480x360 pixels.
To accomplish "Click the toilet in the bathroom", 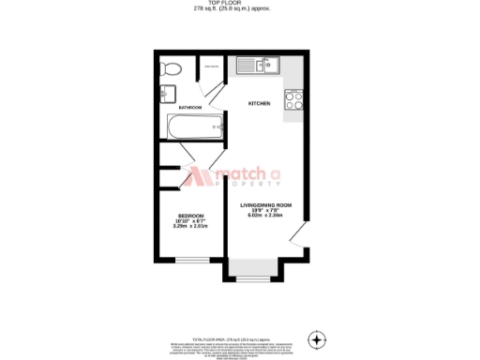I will pos(172,68).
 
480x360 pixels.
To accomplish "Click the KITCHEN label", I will pos(260,103).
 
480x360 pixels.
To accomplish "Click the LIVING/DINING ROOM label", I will pos(266,204).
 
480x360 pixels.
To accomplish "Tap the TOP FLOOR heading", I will pos(239,4).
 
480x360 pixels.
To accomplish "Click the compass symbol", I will pos(318,338).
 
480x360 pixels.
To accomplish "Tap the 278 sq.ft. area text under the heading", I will pos(239,9).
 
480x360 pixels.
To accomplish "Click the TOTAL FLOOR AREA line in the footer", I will pos(240,336).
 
